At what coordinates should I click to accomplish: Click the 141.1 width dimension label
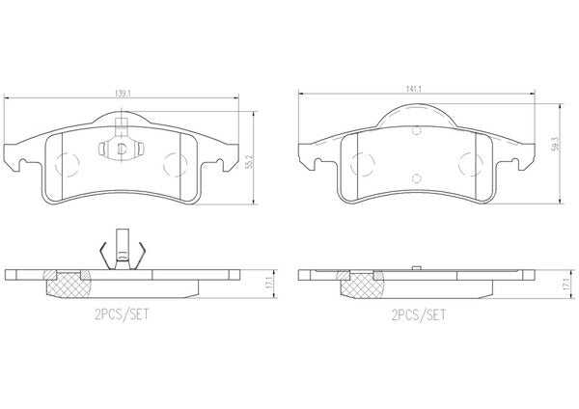tap(414, 89)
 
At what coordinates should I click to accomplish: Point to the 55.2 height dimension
tap(249, 161)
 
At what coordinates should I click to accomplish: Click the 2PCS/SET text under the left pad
tap(122, 314)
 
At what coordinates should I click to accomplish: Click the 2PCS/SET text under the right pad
tap(419, 315)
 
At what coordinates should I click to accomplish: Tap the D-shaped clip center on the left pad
tap(122, 149)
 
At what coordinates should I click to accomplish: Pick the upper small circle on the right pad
tap(417, 130)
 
